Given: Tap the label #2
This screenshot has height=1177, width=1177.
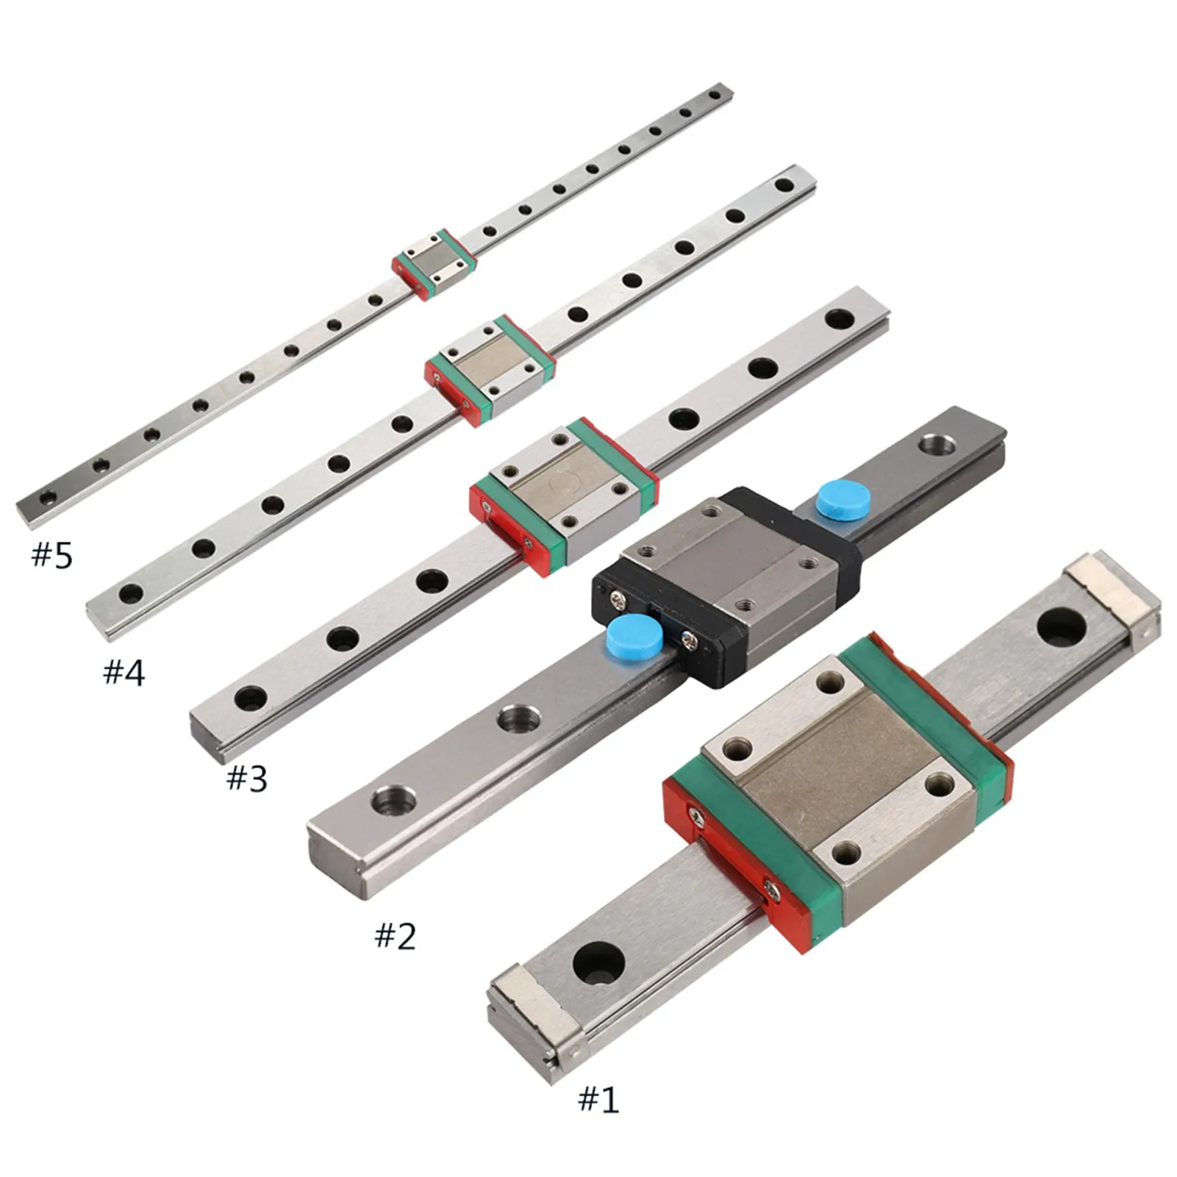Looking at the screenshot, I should point(396,936).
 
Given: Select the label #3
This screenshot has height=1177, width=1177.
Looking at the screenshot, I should point(247,778).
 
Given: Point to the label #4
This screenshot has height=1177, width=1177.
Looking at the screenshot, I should point(124,672).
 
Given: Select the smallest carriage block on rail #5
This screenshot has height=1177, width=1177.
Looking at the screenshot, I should point(434,263).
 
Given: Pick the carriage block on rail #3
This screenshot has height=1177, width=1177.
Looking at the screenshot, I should point(565,497).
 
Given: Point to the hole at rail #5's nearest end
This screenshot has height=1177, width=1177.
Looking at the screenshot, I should point(48,498).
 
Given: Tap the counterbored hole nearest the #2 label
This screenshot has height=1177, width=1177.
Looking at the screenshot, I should point(390,798).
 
